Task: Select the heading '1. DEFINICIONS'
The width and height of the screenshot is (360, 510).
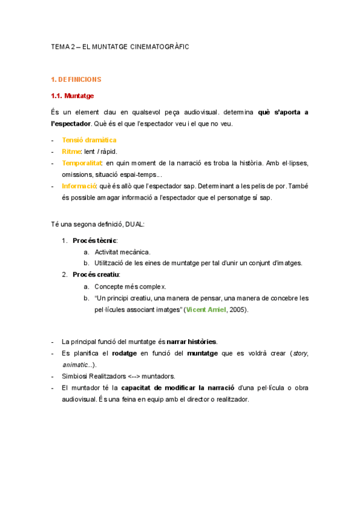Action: tap(76, 79)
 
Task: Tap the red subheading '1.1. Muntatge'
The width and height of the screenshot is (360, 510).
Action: tap(72, 96)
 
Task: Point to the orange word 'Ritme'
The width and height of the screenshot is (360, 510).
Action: tap(71, 151)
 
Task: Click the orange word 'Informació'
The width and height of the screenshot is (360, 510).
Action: tap(78, 185)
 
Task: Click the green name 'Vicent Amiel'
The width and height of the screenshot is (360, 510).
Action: tap(206, 309)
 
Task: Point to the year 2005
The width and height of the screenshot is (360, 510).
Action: tap(236, 309)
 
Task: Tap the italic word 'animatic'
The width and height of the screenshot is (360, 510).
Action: tap(75, 364)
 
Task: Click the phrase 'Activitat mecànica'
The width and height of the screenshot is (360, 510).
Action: tap(123, 251)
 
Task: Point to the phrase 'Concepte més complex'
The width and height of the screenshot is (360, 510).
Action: tap(125, 286)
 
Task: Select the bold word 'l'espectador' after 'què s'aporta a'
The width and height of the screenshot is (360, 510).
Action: tap(71, 124)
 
